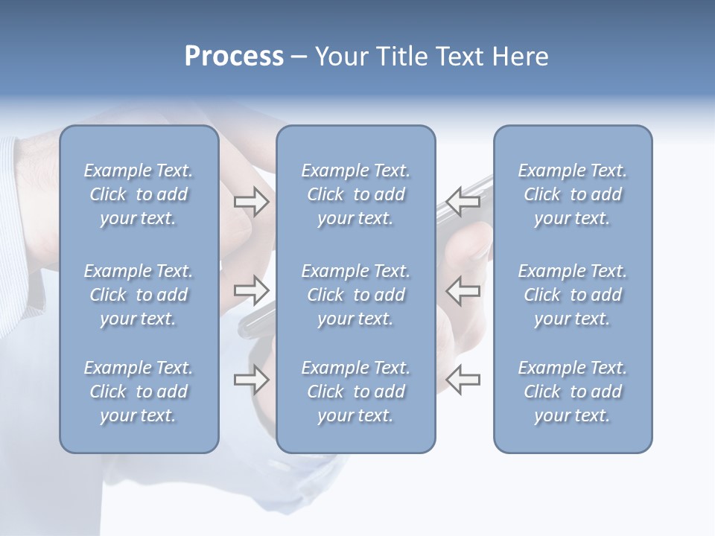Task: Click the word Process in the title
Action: pyautogui.click(x=234, y=57)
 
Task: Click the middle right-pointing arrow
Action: pyautogui.click(x=251, y=289)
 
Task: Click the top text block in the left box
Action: pyautogui.click(x=139, y=194)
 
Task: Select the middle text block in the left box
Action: pyautogui.click(x=139, y=295)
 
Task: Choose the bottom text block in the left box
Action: pyautogui.click(x=139, y=392)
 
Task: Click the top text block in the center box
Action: pyautogui.click(x=355, y=194)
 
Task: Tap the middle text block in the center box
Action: pyautogui.click(x=355, y=295)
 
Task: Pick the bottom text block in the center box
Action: pyautogui.click(x=355, y=392)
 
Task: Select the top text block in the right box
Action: pyautogui.click(x=572, y=194)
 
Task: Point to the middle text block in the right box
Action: pyautogui.click(x=572, y=295)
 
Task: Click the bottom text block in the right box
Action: pyautogui.click(x=572, y=392)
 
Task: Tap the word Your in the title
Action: pyautogui.click(x=340, y=57)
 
